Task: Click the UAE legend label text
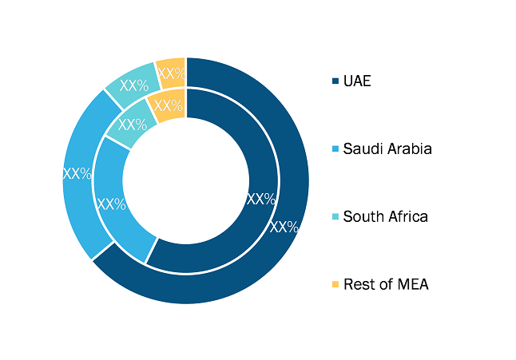point(357,81)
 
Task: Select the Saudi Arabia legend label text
point(387,149)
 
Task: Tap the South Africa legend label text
point(385,216)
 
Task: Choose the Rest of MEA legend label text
point(386,284)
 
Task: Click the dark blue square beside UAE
point(335,81)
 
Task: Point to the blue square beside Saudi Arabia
point(335,149)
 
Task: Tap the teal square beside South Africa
point(335,216)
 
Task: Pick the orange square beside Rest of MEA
point(335,284)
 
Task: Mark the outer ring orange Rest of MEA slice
point(171,73)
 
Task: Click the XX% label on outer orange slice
point(172,73)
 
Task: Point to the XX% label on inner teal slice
point(133,125)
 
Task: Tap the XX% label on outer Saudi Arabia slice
point(77,173)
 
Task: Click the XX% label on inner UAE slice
point(261,199)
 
